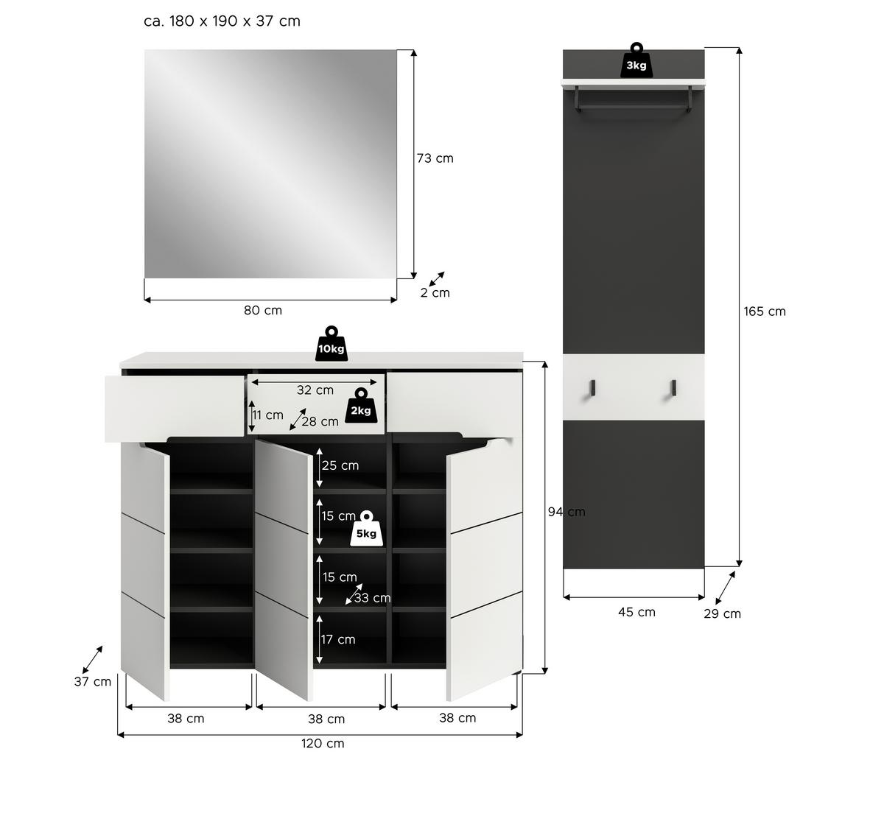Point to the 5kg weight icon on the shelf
tap(366, 529)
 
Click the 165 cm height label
tap(765, 312)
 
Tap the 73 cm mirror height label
tap(435, 158)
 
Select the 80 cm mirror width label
tap(263, 311)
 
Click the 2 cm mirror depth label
tap(435, 293)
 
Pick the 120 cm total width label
tap(323, 744)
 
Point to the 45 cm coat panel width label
tap(636, 612)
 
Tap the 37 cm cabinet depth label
tap(93, 682)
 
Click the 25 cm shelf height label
tap(340, 465)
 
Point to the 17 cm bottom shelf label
tap(338, 639)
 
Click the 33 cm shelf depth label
tap(372, 598)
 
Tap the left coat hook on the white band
tap(592, 389)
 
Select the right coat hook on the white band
tap(673, 389)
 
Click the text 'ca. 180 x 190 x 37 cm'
tap(222, 21)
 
